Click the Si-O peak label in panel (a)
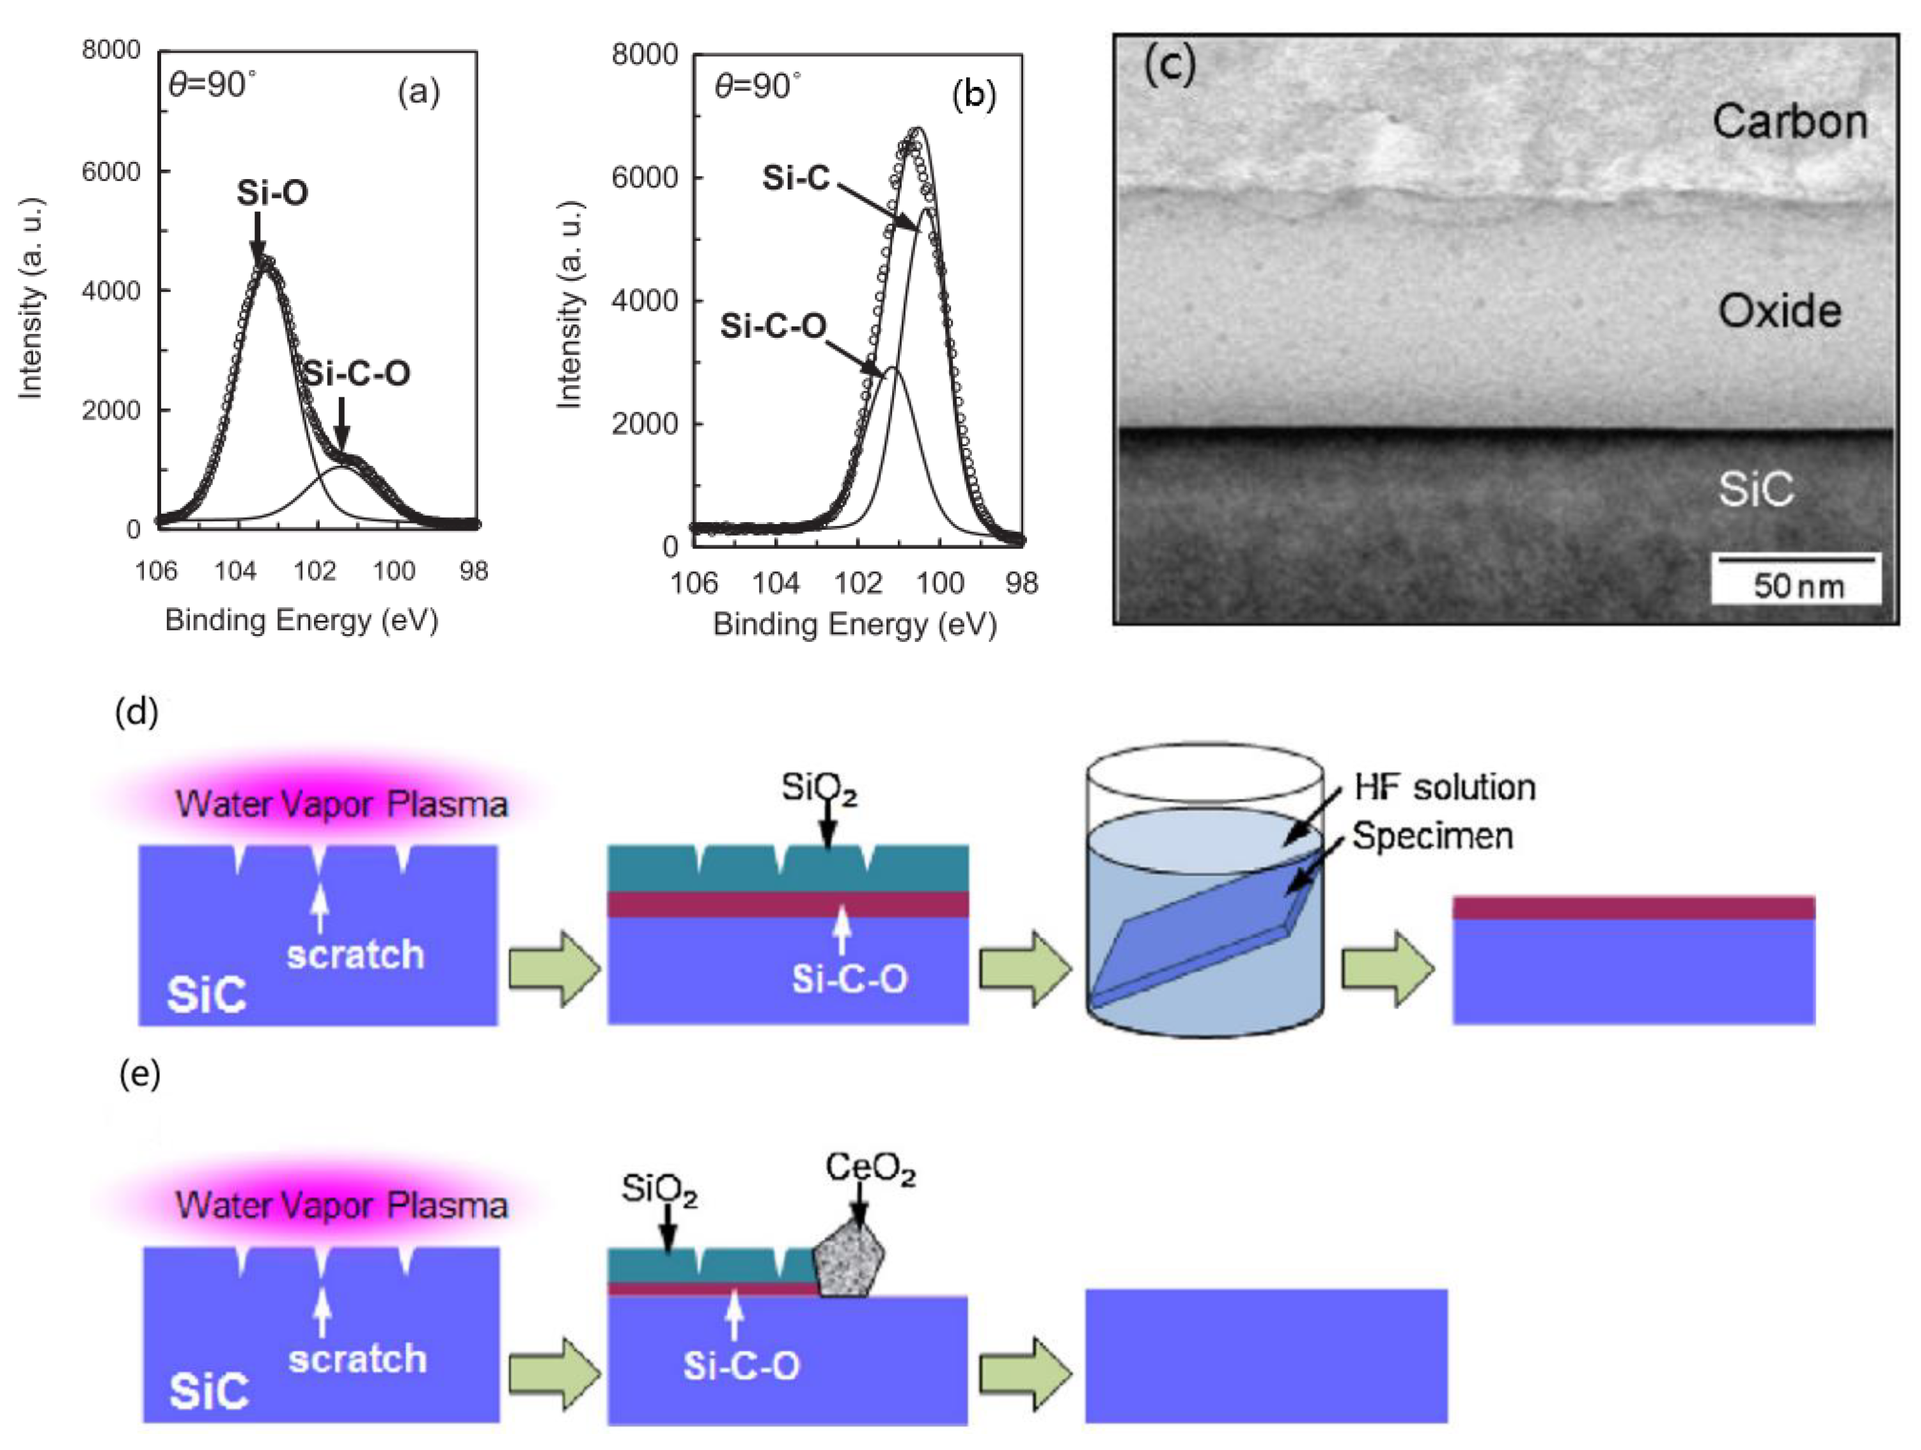[x=272, y=193]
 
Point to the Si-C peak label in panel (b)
[x=796, y=177]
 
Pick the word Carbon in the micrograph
[x=1790, y=121]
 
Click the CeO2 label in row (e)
[x=870, y=1168]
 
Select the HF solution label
[x=1444, y=787]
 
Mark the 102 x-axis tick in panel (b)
[x=857, y=582]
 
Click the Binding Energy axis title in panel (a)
[x=301, y=620]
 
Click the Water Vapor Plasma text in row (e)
[x=341, y=1205]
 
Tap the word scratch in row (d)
[x=355, y=955]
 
